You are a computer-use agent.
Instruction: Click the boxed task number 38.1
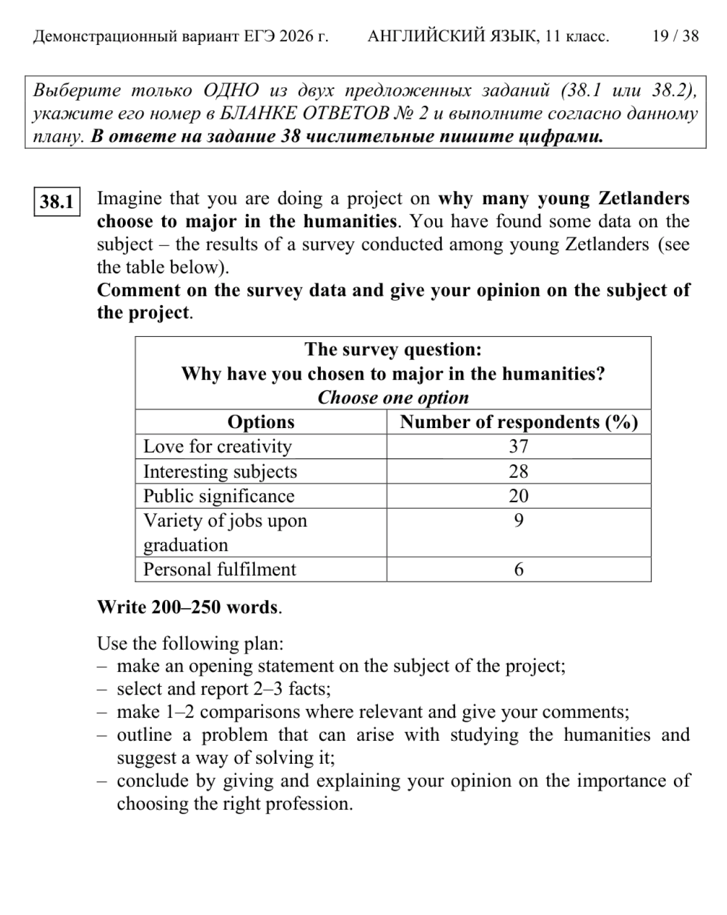(57, 202)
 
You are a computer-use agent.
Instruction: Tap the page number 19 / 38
(675, 36)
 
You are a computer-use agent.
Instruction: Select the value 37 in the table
(518, 447)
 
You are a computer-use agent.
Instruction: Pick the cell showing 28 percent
(518, 471)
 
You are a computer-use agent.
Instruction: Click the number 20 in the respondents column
(518, 496)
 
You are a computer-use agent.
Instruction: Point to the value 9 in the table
(518, 521)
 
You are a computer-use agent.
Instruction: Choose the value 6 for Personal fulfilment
(518, 569)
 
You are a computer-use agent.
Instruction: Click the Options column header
(261, 422)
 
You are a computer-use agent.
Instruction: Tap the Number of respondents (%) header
(518, 422)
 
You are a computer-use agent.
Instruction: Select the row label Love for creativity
(218, 447)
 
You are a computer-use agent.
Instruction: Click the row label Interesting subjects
(220, 471)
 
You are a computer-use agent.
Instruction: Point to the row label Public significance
(219, 496)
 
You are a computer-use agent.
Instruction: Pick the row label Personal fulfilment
(219, 569)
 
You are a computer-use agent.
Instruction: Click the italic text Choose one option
(393, 397)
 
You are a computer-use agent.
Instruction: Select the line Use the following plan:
(190, 643)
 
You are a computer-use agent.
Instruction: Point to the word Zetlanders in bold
(643, 198)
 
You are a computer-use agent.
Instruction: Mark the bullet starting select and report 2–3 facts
(224, 689)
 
